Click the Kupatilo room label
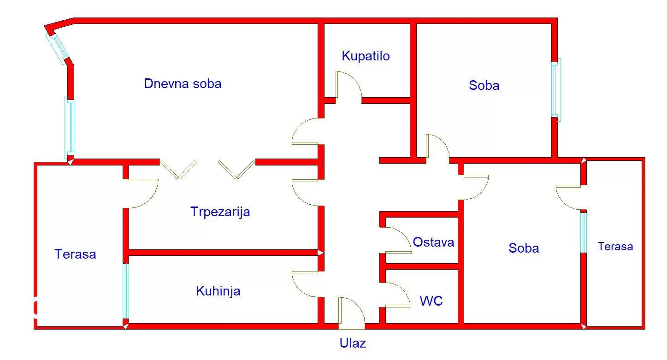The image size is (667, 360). point(366,56)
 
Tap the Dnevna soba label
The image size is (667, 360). point(183,84)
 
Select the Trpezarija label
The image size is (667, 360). point(220,212)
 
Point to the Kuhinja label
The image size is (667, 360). point(218,291)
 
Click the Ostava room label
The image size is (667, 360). point(433,242)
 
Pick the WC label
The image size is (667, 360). point(431,301)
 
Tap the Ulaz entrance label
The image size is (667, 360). point(353,343)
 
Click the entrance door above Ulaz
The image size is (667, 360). point(351,313)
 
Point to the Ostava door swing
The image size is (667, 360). point(395,240)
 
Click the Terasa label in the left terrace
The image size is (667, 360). point(75,254)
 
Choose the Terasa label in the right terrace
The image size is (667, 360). point(615,247)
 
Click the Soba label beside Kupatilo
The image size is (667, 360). point(484,85)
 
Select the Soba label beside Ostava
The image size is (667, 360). point(524,248)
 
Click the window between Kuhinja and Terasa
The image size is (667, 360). point(126,291)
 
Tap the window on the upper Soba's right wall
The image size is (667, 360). point(556,89)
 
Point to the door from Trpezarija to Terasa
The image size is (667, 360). point(141,194)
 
